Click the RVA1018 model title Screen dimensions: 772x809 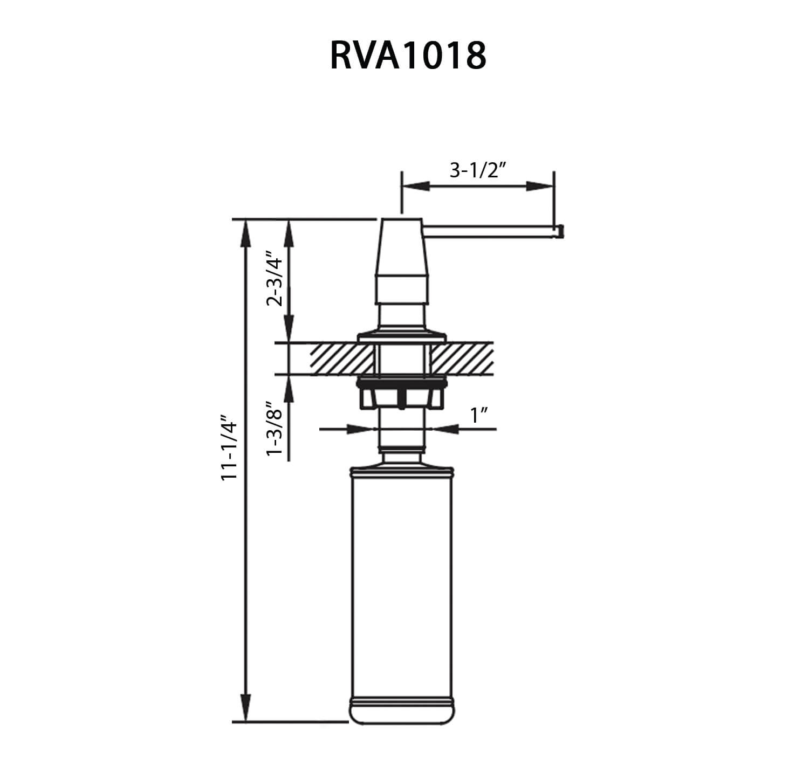point(407,56)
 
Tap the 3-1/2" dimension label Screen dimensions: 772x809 point(477,170)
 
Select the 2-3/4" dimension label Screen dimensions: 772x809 point(275,281)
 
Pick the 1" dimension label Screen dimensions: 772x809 point(479,416)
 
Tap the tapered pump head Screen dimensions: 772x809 point(402,248)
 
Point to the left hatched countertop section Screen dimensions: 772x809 point(343,359)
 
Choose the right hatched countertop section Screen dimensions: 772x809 point(462,359)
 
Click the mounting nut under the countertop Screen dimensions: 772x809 point(402,396)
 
